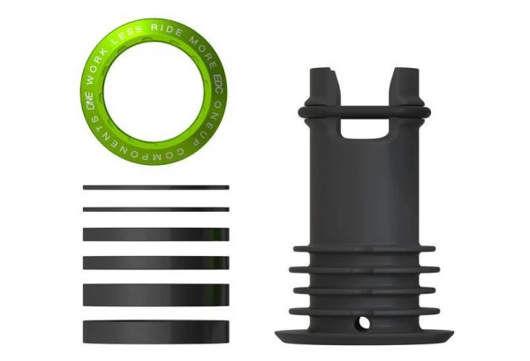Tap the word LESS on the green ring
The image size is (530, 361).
[x=126, y=37]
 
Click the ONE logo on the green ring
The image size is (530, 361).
[x=89, y=102]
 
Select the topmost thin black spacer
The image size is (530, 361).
[x=155, y=187]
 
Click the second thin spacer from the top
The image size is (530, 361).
[x=155, y=209]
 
